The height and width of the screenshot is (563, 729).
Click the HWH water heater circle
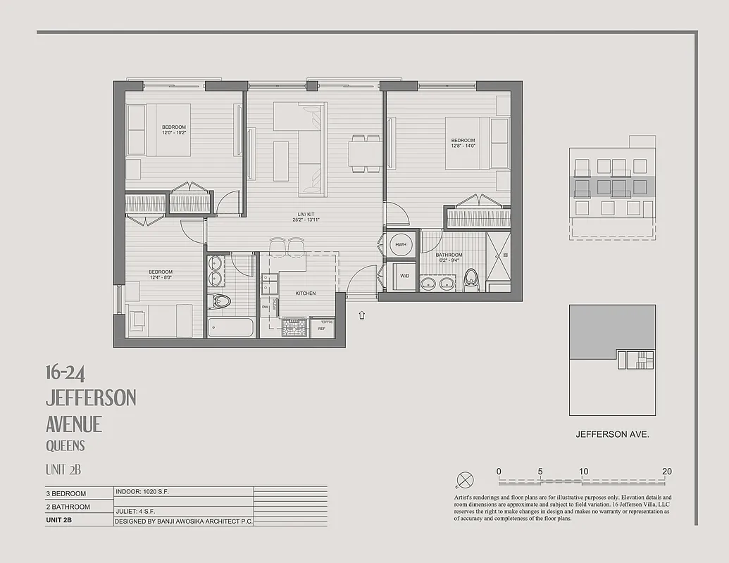pyautogui.click(x=401, y=244)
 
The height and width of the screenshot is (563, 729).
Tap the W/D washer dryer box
pyautogui.click(x=404, y=275)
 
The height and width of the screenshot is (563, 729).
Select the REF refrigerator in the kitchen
pyautogui.click(x=322, y=328)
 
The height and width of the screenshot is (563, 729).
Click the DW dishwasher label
pyautogui.click(x=265, y=307)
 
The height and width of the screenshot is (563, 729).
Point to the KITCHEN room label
pyautogui.click(x=305, y=293)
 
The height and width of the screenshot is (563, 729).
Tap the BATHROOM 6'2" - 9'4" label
pyautogui.click(x=449, y=258)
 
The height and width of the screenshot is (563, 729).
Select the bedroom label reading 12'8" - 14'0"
pyautogui.click(x=463, y=143)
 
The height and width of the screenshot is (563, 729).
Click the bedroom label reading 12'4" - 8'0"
pyautogui.click(x=160, y=274)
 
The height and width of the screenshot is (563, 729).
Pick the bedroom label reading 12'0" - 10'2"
pyautogui.click(x=173, y=129)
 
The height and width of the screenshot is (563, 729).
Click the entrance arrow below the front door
pyautogui.click(x=362, y=315)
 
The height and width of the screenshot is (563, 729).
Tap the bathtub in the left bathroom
pyautogui.click(x=231, y=327)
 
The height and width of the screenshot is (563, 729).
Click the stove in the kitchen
pyautogui.click(x=294, y=327)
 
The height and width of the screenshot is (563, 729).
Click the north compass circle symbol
pyautogui.click(x=465, y=481)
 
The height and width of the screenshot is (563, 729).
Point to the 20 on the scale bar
pyautogui.click(x=666, y=471)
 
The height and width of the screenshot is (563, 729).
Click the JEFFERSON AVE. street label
pyautogui.click(x=611, y=434)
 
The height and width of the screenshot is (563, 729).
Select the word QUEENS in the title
pyautogui.click(x=65, y=445)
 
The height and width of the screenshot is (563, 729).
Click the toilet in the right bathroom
pyautogui.click(x=471, y=279)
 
